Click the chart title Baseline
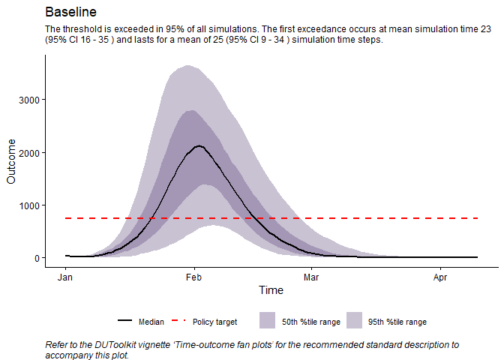(x=70, y=13)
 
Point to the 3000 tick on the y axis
(x=28, y=100)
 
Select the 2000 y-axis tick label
(x=28, y=152)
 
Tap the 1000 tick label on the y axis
(x=28, y=205)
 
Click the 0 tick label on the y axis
(x=36, y=258)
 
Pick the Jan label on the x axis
(x=66, y=275)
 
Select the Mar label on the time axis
(x=310, y=275)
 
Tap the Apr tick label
(x=440, y=275)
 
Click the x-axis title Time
(x=271, y=290)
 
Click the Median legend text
(x=151, y=322)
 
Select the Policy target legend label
(x=214, y=322)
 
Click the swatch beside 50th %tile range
(x=268, y=321)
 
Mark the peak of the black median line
(x=198, y=145)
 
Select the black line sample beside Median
(x=125, y=321)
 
